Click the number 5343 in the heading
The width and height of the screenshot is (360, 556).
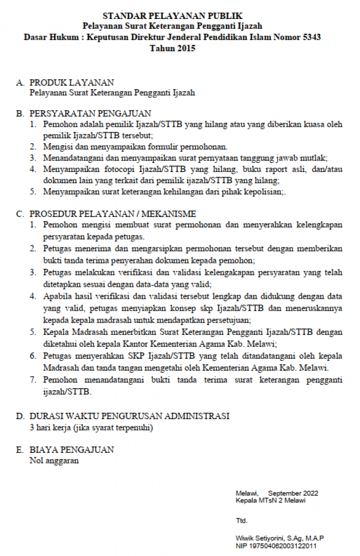tap(310, 37)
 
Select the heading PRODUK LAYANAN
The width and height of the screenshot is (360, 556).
tap(72, 83)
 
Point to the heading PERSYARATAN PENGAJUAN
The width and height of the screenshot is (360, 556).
tap(90, 114)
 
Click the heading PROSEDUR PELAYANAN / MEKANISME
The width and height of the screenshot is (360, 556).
tap(112, 214)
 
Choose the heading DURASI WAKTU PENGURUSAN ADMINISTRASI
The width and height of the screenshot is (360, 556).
tap(129, 416)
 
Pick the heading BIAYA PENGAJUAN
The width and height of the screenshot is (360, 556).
tap(72, 450)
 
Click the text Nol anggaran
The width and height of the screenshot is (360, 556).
tap(54, 461)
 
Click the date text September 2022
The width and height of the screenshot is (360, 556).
tap(293, 493)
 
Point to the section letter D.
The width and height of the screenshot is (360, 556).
tap(19, 416)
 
